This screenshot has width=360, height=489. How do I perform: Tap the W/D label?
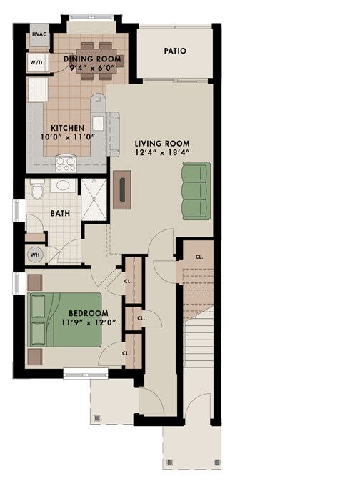[36, 62]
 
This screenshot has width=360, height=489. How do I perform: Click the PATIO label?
[175, 51]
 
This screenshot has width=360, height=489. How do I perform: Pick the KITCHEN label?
[69, 128]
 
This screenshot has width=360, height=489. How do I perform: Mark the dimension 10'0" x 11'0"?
[70, 138]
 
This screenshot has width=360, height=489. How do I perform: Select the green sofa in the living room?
[195, 191]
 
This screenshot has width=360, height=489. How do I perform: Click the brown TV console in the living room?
[122, 189]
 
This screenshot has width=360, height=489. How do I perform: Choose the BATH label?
[59, 213]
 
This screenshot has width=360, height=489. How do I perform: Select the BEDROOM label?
[88, 314]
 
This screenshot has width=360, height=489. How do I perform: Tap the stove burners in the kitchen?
[66, 163]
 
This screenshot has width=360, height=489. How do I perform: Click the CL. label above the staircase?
[199, 255]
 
